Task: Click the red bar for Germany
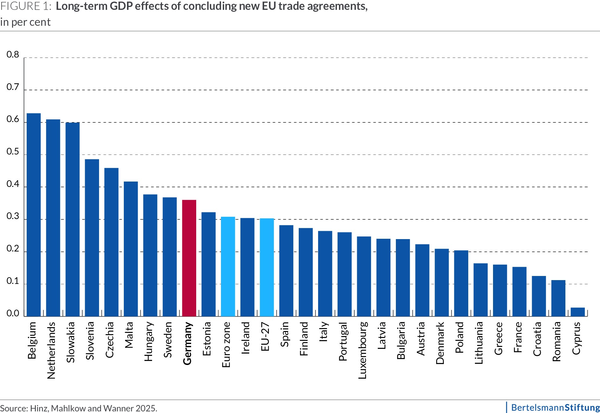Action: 189,258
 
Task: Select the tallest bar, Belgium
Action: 34,215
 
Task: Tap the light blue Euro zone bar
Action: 228,266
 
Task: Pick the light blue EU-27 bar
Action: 267,267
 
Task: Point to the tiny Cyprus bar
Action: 577,312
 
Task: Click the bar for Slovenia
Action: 92,238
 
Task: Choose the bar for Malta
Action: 131,249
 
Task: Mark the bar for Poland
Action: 461,283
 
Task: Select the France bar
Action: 519,292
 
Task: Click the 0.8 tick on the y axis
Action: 13,55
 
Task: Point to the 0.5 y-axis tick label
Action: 13,152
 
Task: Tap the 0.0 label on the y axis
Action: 13,314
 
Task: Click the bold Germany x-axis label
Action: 188,343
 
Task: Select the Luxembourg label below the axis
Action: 363,350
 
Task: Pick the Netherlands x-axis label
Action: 51,350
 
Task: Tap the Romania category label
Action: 557,341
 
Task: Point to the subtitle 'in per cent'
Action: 25,22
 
